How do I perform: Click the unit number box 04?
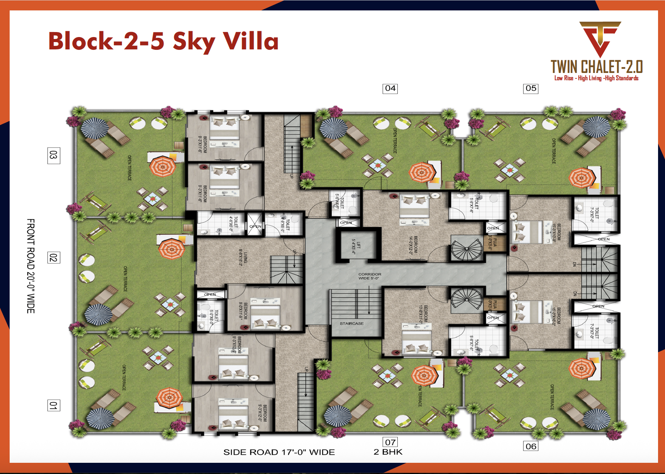point(390,88)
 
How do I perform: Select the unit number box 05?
point(531,88)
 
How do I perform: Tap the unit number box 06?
point(531,446)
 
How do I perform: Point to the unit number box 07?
point(390,442)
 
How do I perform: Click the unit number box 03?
point(53,156)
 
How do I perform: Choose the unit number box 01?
point(53,406)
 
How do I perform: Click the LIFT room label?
point(356,246)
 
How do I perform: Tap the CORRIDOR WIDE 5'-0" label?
point(369,276)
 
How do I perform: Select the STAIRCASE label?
point(351,323)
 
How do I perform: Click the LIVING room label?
point(243,257)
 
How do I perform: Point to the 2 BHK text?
point(388,452)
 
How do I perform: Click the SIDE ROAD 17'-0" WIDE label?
point(279,452)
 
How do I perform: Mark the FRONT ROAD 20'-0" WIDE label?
point(31,266)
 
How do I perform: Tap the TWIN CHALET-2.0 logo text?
point(596,67)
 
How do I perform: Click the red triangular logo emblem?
point(599,39)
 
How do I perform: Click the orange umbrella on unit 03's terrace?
point(163,166)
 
